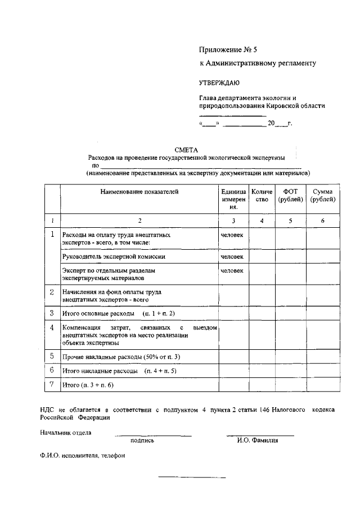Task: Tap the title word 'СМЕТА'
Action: (x=186, y=150)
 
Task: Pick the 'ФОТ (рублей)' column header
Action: (x=290, y=196)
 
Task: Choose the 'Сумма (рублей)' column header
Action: (x=323, y=196)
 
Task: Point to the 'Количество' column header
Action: (x=262, y=196)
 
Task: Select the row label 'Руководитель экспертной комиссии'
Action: (x=114, y=256)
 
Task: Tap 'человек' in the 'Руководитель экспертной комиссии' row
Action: (x=232, y=256)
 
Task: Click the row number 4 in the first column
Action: (x=52, y=327)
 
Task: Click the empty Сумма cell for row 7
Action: (x=323, y=385)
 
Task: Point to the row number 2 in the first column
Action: (x=52, y=292)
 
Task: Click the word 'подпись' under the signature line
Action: (x=142, y=440)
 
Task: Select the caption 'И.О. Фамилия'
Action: (x=258, y=440)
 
